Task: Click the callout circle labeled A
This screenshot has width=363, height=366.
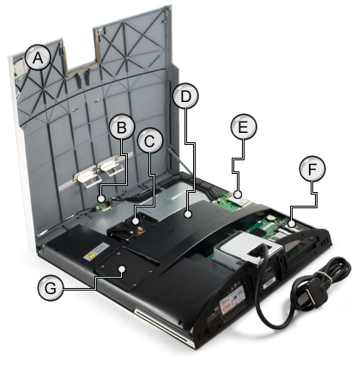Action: pyautogui.click(x=38, y=57)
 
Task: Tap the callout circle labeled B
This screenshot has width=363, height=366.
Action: pyautogui.click(x=122, y=127)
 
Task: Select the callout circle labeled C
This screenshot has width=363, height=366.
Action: pyautogui.click(x=150, y=141)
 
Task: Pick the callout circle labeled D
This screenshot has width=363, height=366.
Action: pyautogui.click(x=185, y=96)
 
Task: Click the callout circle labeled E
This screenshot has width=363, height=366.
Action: pyautogui.click(x=244, y=127)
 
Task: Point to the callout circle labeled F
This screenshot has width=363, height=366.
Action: pyautogui.click(x=312, y=169)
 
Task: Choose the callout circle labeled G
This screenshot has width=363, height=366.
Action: pyautogui.click(x=51, y=288)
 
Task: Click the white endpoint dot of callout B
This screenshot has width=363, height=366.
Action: pyautogui.click(x=100, y=198)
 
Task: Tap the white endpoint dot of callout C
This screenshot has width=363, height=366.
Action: pyautogui.click(x=136, y=221)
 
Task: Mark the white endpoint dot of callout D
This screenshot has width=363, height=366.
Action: pyautogui.click(x=188, y=214)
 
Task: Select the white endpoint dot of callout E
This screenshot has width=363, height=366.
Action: pyautogui.click(x=238, y=195)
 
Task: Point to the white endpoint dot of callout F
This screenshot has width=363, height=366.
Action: pyautogui.click(x=292, y=224)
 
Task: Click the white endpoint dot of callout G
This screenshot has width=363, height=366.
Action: pyautogui.click(x=123, y=269)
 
